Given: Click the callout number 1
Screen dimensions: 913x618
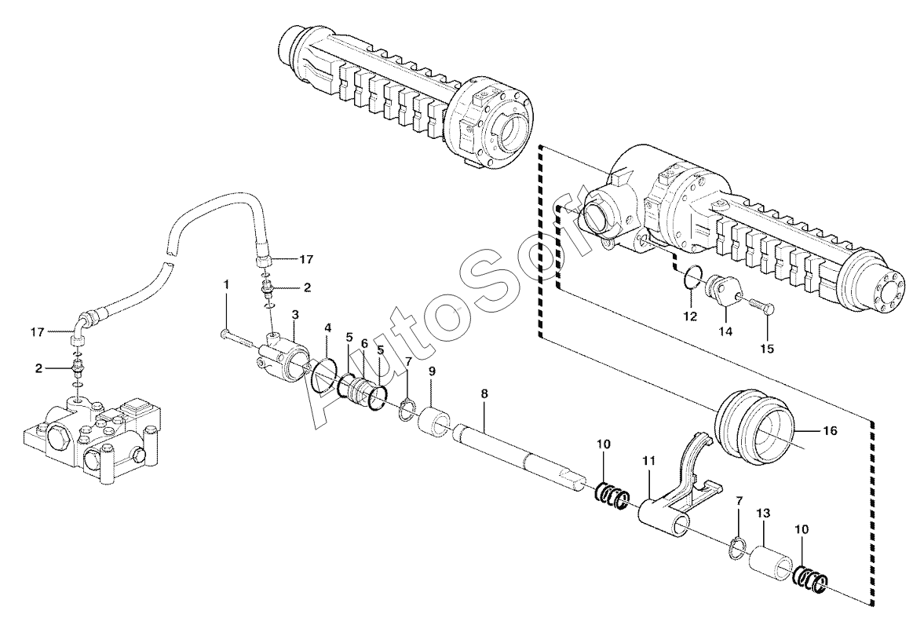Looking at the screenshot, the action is (227, 285).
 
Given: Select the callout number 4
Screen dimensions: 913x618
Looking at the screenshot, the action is (328, 328).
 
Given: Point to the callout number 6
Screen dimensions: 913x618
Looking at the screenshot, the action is (364, 344).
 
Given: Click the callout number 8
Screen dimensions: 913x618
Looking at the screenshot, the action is (484, 393).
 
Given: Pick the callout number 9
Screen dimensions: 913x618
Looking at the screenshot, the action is (432, 371).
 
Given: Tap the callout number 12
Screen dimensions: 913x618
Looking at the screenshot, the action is (690, 317).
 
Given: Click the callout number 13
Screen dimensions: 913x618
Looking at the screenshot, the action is (763, 513).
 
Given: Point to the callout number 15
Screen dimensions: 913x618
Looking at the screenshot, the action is (767, 349).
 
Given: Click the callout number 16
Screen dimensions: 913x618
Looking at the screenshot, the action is (831, 431).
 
